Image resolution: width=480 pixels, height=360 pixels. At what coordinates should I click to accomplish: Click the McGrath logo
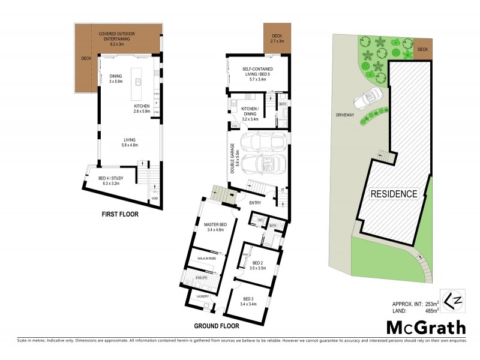pyautogui.click(x=425, y=327)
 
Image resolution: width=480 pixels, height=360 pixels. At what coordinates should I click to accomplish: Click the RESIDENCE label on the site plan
pyautogui.click(x=393, y=194)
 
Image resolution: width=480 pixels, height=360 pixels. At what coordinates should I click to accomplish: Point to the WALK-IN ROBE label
pyautogui.click(x=203, y=259)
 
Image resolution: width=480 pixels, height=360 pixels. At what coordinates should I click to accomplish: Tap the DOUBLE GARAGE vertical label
pyautogui.click(x=233, y=158)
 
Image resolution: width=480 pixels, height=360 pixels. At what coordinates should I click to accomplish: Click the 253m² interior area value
pyautogui.click(x=428, y=304)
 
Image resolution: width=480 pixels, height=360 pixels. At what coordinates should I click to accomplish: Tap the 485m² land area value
pyautogui.click(x=428, y=311)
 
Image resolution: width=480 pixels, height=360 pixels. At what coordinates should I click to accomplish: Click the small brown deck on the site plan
pyautogui.click(x=423, y=49)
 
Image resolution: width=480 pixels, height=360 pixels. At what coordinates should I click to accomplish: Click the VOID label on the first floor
pyautogui.click(x=155, y=197)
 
